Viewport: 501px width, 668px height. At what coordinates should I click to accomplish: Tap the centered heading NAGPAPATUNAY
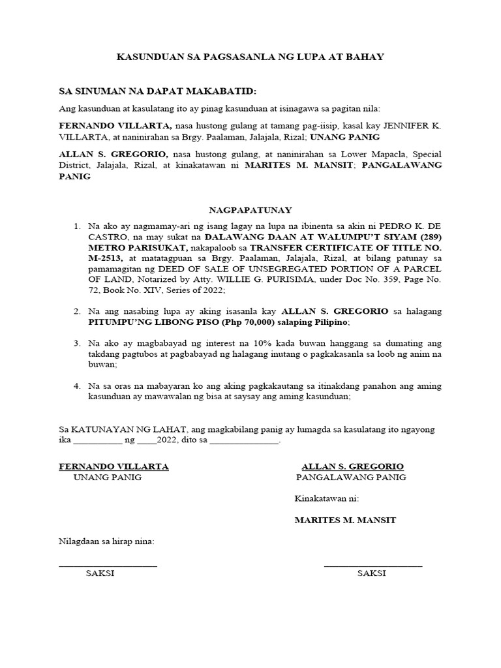pyautogui.click(x=250, y=210)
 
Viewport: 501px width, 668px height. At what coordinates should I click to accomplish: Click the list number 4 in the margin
pyautogui.click(x=76, y=386)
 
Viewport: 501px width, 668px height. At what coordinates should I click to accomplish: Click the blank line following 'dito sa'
pyautogui.click(x=244, y=441)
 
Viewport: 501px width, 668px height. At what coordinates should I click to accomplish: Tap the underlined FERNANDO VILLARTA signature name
pyautogui.click(x=114, y=466)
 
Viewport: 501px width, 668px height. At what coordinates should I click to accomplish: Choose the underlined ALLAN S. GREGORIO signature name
pyautogui.click(x=352, y=466)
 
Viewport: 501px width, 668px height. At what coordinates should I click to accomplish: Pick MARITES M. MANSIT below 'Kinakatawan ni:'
pyautogui.click(x=345, y=520)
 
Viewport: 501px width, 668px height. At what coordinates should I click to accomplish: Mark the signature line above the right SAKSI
pyautogui.click(x=372, y=564)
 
